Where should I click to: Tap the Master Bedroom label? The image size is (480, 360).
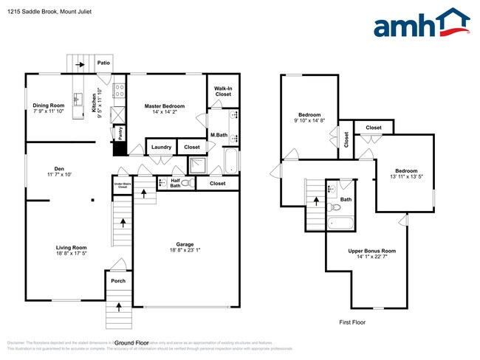164,106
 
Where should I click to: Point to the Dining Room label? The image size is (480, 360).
49,105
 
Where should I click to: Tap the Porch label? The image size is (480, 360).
117,280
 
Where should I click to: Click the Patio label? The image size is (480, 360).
104,63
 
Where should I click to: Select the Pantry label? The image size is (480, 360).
120,132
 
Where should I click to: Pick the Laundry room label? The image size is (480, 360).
161,147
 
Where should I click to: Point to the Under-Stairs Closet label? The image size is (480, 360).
121,186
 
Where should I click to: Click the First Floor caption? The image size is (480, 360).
352,322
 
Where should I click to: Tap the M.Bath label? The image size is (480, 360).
218,135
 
